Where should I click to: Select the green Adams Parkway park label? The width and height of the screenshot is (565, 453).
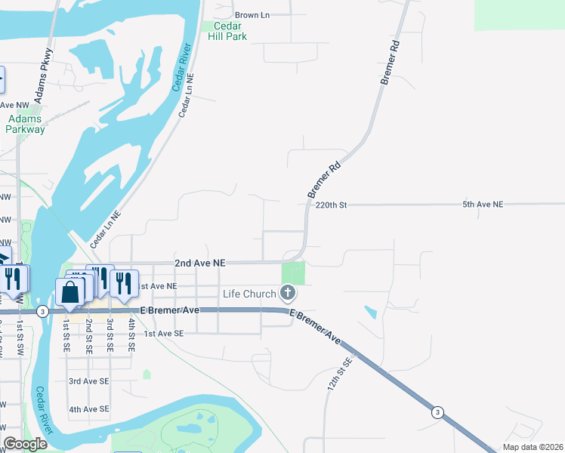pos(26,124)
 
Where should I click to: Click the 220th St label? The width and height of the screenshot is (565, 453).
pos(331,205)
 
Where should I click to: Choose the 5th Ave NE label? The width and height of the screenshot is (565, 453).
pos(483,205)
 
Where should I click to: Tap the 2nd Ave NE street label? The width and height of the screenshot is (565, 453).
pos(200,263)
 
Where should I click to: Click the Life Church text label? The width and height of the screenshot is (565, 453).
pos(249,293)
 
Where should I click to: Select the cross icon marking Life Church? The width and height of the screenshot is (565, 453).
pos(287,292)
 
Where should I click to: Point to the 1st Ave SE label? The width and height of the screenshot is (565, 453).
pos(164,334)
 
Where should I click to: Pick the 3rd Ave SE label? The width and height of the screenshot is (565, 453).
pos(88,382)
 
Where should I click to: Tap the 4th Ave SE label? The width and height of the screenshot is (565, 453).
pos(88,409)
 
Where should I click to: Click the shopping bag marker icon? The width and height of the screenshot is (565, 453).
pos(69,291)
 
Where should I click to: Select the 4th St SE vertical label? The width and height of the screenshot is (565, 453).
pos(131,336)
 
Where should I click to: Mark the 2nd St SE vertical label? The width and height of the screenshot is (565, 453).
pos(89,336)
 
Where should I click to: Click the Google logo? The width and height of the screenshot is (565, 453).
pos(25,445)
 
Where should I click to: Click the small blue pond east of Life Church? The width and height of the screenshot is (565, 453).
pos(370,312)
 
